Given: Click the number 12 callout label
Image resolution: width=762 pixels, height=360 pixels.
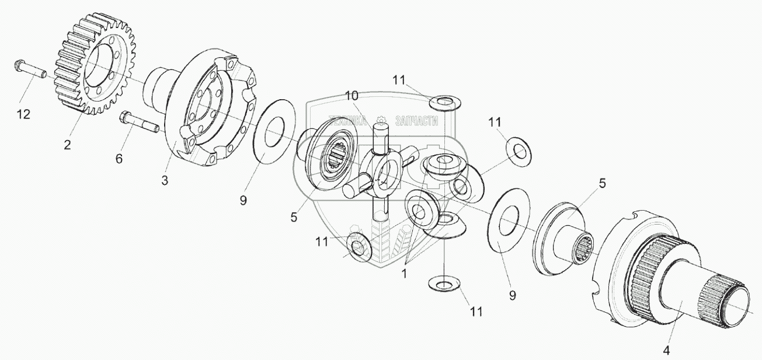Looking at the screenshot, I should tap(23, 114).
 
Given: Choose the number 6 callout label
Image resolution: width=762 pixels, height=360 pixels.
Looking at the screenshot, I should tap(119, 159).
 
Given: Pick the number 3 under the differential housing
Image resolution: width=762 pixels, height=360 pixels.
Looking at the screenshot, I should tap(165, 181).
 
